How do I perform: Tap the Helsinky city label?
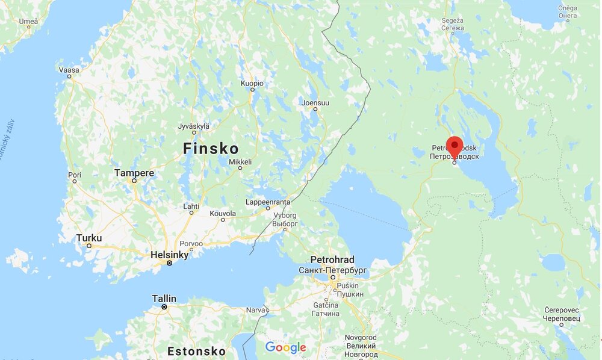tap(170, 255)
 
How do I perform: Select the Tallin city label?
tap(164, 299)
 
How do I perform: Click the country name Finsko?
tap(211, 148)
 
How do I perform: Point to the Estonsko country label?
tap(196, 351)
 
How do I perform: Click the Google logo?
tap(286, 347)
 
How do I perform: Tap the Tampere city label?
tap(134, 173)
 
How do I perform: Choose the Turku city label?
tap(89, 238)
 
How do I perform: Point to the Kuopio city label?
tap(252, 83)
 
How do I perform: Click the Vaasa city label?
tap(69, 70)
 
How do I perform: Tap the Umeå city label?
tap(28, 21)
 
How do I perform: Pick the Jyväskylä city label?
tap(194, 126)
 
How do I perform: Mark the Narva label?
tap(256, 310)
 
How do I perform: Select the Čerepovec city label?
tap(561, 309)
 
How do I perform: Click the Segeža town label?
tap(453, 20)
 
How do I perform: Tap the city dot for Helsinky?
tap(170, 263)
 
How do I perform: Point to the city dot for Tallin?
tap(164, 307)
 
